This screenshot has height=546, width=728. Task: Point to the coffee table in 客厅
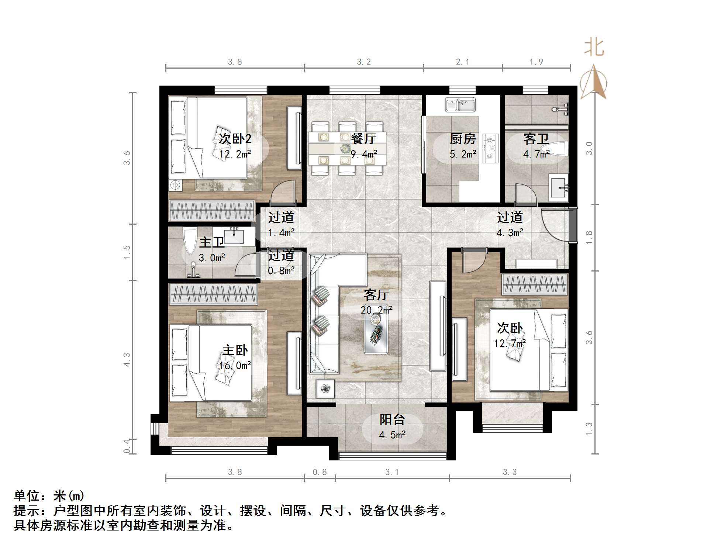click(x=376, y=335)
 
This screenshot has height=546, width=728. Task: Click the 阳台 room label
click(x=392, y=419)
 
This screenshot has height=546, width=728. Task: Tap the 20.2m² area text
click(x=376, y=310)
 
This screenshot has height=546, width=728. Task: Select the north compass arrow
click(x=593, y=82)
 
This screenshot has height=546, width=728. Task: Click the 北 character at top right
click(x=594, y=48)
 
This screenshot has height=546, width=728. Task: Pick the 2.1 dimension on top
click(x=462, y=62)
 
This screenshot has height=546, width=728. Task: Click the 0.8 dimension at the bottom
click(x=320, y=472)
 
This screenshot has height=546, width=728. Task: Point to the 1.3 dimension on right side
click(x=589, y=429)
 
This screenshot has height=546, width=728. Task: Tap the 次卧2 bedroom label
click(x=235, y=139)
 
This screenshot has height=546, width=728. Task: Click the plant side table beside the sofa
click(x=325, y=388)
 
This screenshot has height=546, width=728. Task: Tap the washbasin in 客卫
click(x=558, y=188)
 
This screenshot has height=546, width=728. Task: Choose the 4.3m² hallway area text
click(x=510, y=233)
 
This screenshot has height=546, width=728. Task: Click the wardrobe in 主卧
click(x=213, y=294)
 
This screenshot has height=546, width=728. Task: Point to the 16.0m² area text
click(x=235, y=366)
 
